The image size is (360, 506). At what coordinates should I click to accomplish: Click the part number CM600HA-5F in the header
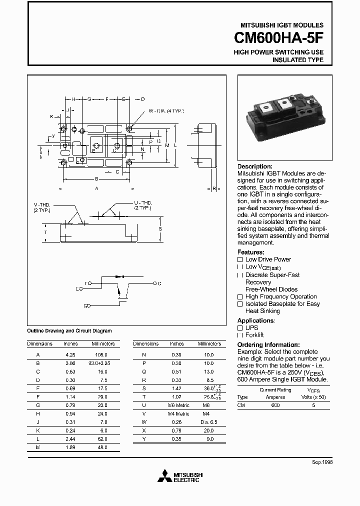(x=278, y=38)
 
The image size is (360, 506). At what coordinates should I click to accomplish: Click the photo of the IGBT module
(x=283, y=119)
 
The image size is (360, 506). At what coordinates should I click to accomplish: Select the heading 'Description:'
(x=255, y=166)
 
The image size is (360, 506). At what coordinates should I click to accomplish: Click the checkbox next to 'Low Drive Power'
(x=240, y=259)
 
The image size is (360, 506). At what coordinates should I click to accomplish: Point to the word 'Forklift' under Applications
(x=254, y=335)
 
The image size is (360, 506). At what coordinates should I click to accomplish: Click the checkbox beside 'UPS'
(x=240, y=328)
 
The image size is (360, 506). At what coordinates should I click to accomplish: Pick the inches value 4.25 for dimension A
(x=70, y=354)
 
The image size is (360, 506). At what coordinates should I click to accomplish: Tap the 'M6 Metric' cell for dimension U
(x=178, y=405)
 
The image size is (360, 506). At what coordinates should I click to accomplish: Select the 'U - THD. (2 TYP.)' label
(x=142, y=204)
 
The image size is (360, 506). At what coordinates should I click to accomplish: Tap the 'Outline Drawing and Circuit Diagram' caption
(x=69, y=331)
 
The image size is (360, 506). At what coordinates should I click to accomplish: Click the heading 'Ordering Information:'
(x=268, y=345)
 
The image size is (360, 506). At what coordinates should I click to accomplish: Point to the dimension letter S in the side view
(x=159, y=229)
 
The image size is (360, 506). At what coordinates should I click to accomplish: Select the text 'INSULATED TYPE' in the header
(x=297, y=60)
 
